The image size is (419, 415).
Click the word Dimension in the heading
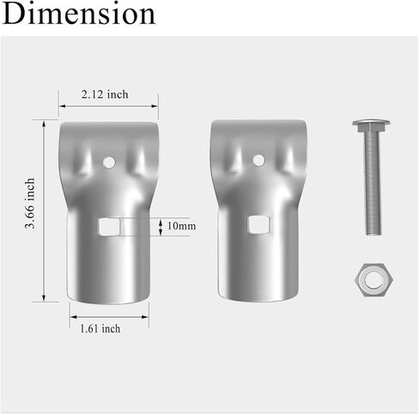pos(79,14)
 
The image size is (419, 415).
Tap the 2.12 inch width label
pos(105,95)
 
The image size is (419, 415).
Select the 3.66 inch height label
pos(30,204)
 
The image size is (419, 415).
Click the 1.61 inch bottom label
pos(100,328)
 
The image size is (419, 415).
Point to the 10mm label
pos(182,226)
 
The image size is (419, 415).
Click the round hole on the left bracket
pos(109,162)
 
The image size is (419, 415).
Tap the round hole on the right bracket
pos(258,160)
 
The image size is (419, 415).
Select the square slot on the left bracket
pos(109,227)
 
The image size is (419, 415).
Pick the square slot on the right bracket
pos(258,224)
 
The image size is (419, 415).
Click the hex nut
pos(374,280)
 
